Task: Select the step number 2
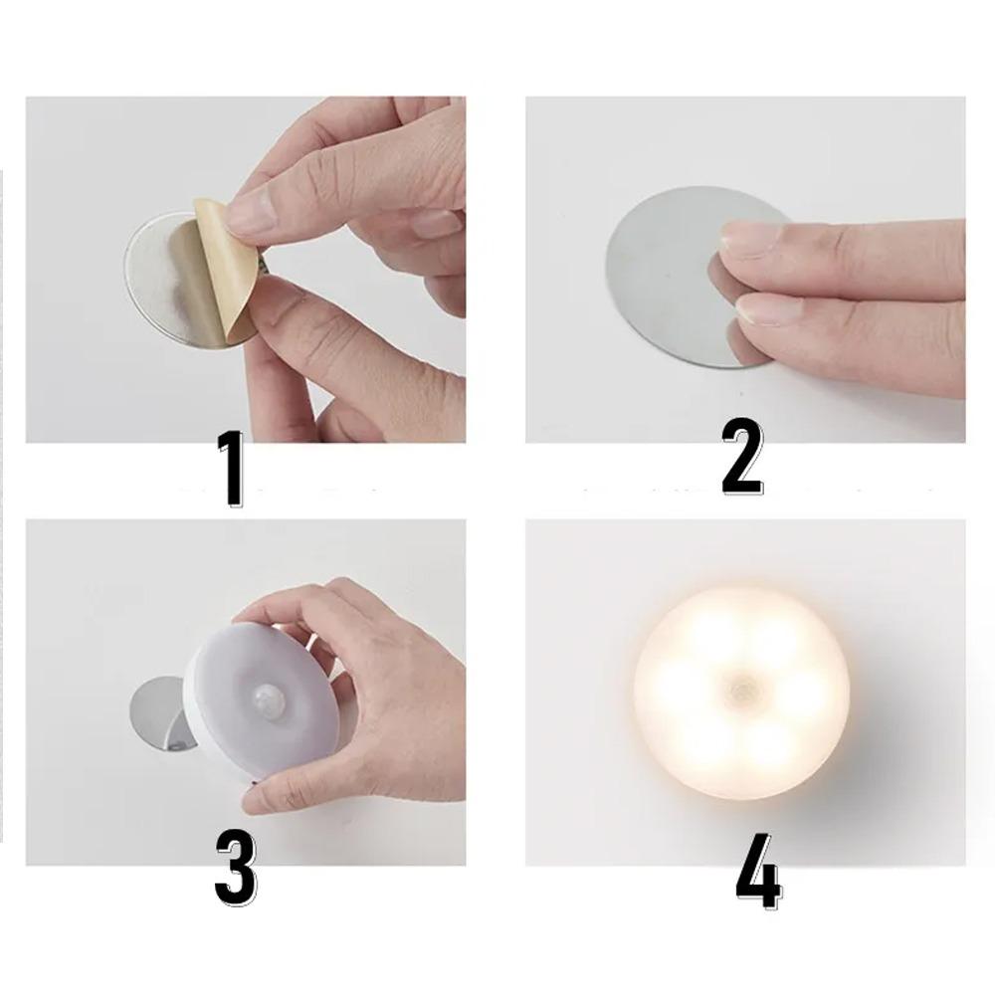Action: (742, 457)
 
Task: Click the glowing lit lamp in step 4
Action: (742, 693)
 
